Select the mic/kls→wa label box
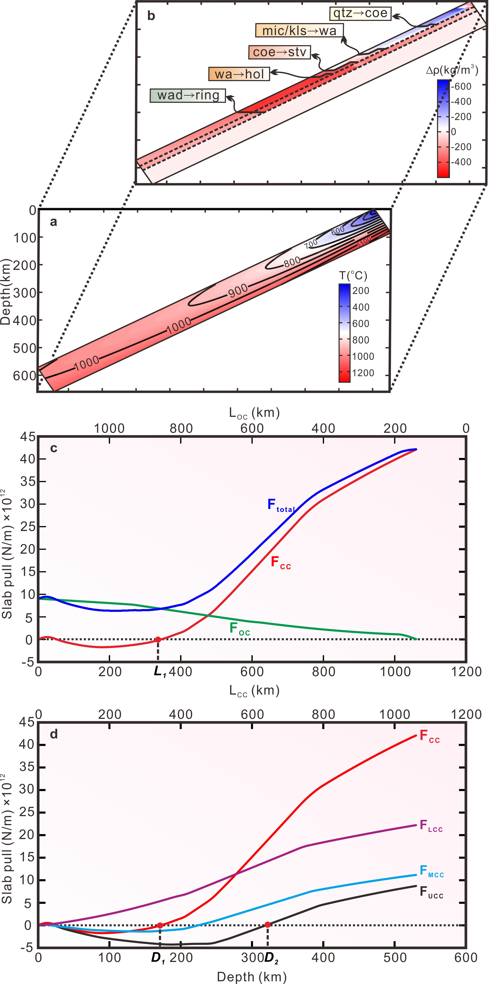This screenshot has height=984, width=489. pyautogui.click(x=299, y=31)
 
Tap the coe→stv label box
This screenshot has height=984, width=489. pyautogui.click(x=280, y=52)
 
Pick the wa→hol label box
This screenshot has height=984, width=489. pyautogui.click(x=239, y=74)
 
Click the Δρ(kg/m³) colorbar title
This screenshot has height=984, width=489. pyautogui.click(x=452, y=70)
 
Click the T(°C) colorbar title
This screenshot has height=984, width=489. pyautogui.click(x=353, y=275)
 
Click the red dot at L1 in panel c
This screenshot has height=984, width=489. pyautogui.click(x=158, y=640)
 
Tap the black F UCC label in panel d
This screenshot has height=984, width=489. pyautogui.click(x=431, y=892)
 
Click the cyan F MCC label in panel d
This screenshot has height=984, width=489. pyautogui.click(x=431, y=871)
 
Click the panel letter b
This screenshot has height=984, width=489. pyautogui.click(x=151, y=16)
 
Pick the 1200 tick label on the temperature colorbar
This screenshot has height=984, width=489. pyautogui.click(x=363, y=373)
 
